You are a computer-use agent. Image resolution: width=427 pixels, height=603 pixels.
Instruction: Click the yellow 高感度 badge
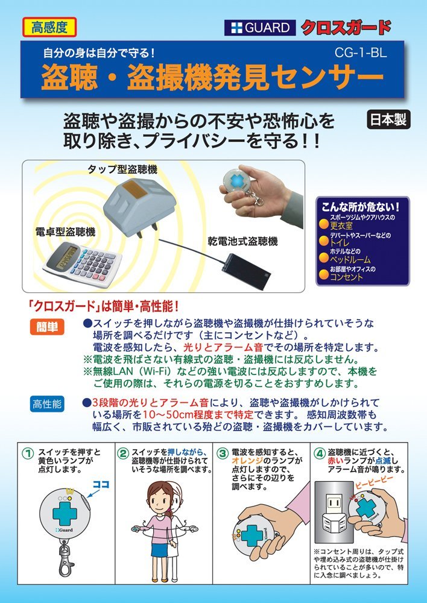[49, 27]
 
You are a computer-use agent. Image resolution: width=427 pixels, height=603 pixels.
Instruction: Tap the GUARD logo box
[260, 28]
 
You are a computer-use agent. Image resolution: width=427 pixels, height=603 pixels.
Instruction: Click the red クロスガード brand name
[346, 27]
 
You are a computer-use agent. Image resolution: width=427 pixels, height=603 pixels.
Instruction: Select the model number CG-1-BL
[361, 53]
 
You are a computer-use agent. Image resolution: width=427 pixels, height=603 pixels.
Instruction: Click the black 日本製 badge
[388, 119]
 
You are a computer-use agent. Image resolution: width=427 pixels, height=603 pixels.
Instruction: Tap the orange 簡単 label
[47, 327]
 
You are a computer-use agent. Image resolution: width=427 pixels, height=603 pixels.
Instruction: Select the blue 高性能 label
[47, 404]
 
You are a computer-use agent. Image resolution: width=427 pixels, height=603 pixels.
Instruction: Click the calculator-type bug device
[82, 265]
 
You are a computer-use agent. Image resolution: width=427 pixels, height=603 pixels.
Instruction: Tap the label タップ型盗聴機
[122, 169]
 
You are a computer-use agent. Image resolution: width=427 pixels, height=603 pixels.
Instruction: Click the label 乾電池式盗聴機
[242, 241]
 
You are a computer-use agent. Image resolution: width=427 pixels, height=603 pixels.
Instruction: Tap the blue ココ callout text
[101, 484]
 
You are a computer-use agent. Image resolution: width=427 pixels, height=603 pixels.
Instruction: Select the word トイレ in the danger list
[340, 243]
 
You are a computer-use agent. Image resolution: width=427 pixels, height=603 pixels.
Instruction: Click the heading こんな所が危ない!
[361, 207]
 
